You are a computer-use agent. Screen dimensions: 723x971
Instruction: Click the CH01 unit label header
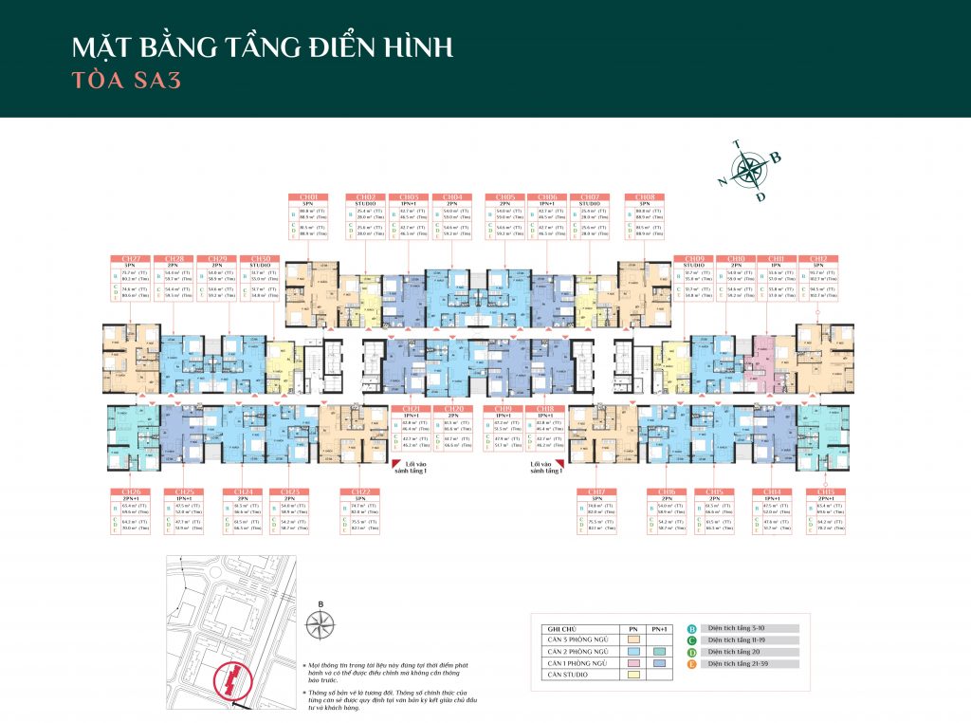[308, 196]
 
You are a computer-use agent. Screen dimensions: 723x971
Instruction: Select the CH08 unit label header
[645, 196]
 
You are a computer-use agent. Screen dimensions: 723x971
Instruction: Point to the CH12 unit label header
[816, 258]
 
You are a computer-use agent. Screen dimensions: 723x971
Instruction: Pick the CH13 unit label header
[821, 492]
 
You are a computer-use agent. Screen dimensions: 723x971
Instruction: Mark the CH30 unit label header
[259, 258]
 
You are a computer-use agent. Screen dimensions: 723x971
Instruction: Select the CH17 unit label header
[597, 492]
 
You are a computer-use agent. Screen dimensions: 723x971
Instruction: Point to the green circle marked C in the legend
[692, 640]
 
